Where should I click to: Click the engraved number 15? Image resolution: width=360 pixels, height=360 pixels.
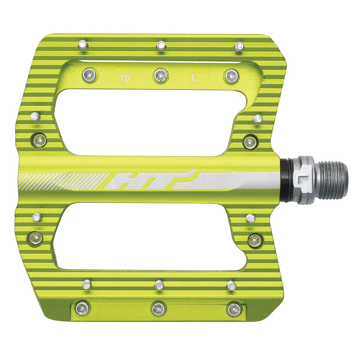(x=125, y=78)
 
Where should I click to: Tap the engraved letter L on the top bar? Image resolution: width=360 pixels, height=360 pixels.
(x=194, y=78)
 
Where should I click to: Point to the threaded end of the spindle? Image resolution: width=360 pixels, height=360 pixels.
(x=334, y=179)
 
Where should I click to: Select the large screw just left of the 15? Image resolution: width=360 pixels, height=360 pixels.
(x=90, y=74)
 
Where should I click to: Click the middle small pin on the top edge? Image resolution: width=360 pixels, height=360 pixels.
(x=161, y=45)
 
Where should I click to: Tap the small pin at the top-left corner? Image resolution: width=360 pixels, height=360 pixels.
(x=83, y=45)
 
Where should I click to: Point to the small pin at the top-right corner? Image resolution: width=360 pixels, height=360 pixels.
(x=240, y=46)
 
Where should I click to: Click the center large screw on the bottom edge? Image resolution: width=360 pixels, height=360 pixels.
(x=158, y=308)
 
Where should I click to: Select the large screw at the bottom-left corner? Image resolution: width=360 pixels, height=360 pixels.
(x=82, y=307)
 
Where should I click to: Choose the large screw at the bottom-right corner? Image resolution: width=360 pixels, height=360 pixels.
(x=233, y=309)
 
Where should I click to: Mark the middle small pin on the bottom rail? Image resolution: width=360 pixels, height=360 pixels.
(x=159, y=285)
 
